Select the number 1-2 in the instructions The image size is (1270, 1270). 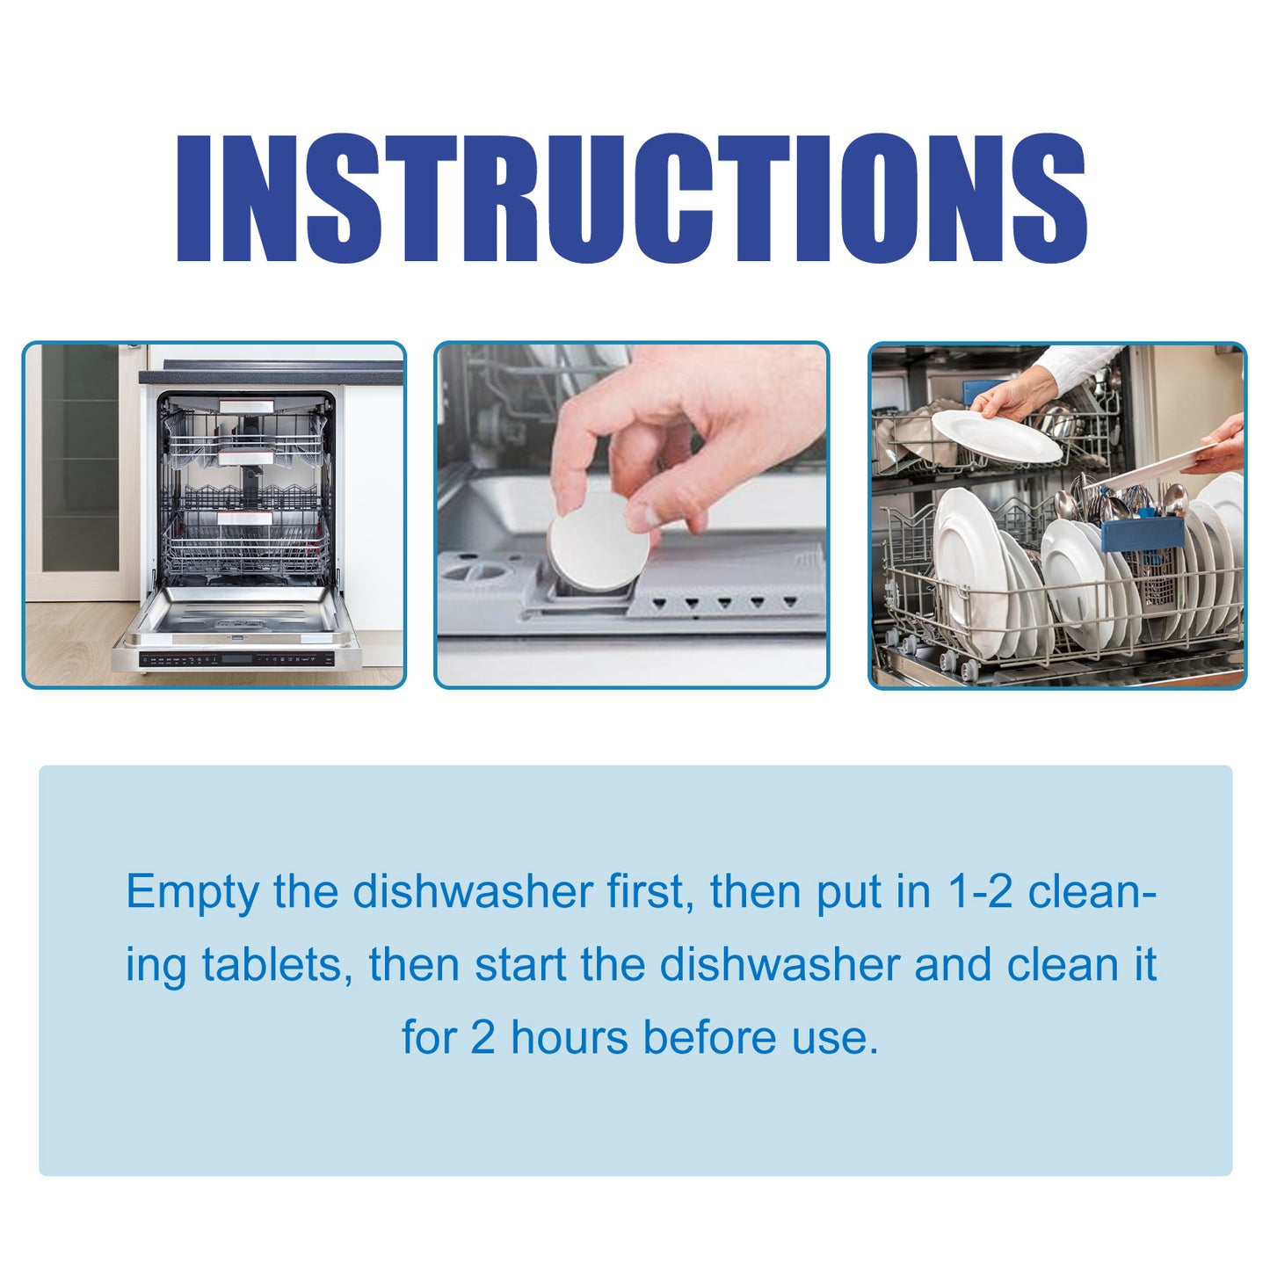pyautogui.click(x=980, y=891)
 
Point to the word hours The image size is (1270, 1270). pyautogui.click(x=570, y=1037)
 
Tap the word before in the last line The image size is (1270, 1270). pyautogui.click(x=711, y=1037)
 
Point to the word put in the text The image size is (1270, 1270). pyautogui.click(x=848, y=893)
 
